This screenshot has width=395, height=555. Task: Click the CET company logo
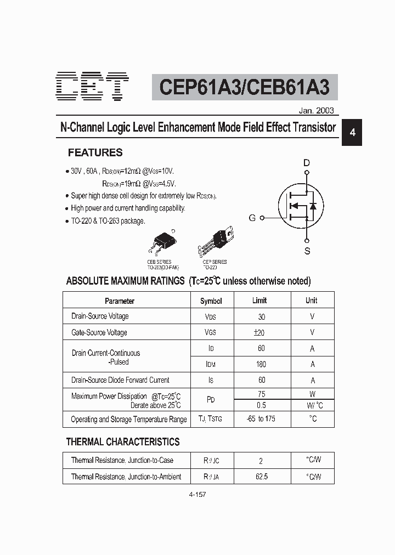click(x=92, y=87)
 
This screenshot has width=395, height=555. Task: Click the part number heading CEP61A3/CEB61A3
click(x=245, y=87)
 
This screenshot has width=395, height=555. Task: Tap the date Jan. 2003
click(x=316, y=110)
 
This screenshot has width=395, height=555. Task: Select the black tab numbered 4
click(x=353, y=133)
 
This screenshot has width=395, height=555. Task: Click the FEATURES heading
click(x=95, y=153)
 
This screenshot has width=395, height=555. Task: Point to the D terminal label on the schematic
click(x=307, y=162)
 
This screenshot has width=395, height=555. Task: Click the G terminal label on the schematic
click(x=252, y=218)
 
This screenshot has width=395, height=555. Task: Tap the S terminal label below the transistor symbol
click(x=307, y=251)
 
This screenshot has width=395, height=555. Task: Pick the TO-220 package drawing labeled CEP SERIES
click(x=218, y=240)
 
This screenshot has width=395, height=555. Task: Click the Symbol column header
click(x=211, y=301)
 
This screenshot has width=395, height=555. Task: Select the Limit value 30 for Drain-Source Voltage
click(x=261, y=317)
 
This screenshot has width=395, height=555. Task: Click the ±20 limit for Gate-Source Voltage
click(x=259, y=332)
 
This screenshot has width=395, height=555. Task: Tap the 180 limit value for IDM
click(x=261, y=364)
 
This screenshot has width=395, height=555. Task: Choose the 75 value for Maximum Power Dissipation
click(x=261, y=394)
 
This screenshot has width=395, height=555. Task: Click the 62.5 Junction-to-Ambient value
click(x=262, y=477)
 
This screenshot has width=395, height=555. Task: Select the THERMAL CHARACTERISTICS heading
click(x=123, y=441)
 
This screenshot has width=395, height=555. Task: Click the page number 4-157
click(x=197, y=494)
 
